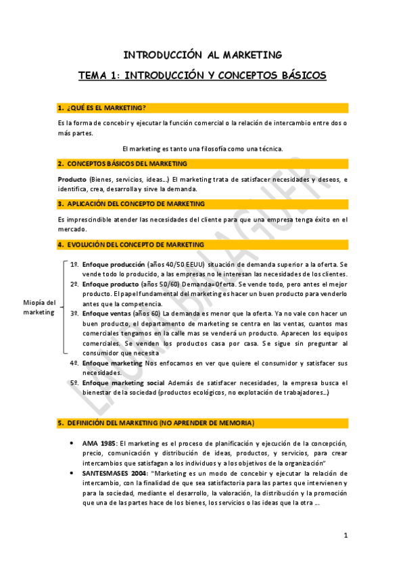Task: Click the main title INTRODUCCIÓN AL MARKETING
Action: (x=202, y=55)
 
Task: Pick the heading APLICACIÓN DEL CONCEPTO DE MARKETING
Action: (x=135, y=203)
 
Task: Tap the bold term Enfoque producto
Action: (x=109, y=284)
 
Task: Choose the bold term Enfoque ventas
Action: (x=106, y=314)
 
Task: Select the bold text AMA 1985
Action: (x=98, y=443)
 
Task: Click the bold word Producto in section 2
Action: (x=72, y=179)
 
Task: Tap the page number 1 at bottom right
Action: (x=346, y=536)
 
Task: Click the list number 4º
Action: (x=75, y=363)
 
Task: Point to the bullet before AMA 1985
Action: (x=72, y=443)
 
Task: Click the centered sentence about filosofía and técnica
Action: (x=202, y=149)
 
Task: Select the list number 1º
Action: (x=75, y=264)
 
